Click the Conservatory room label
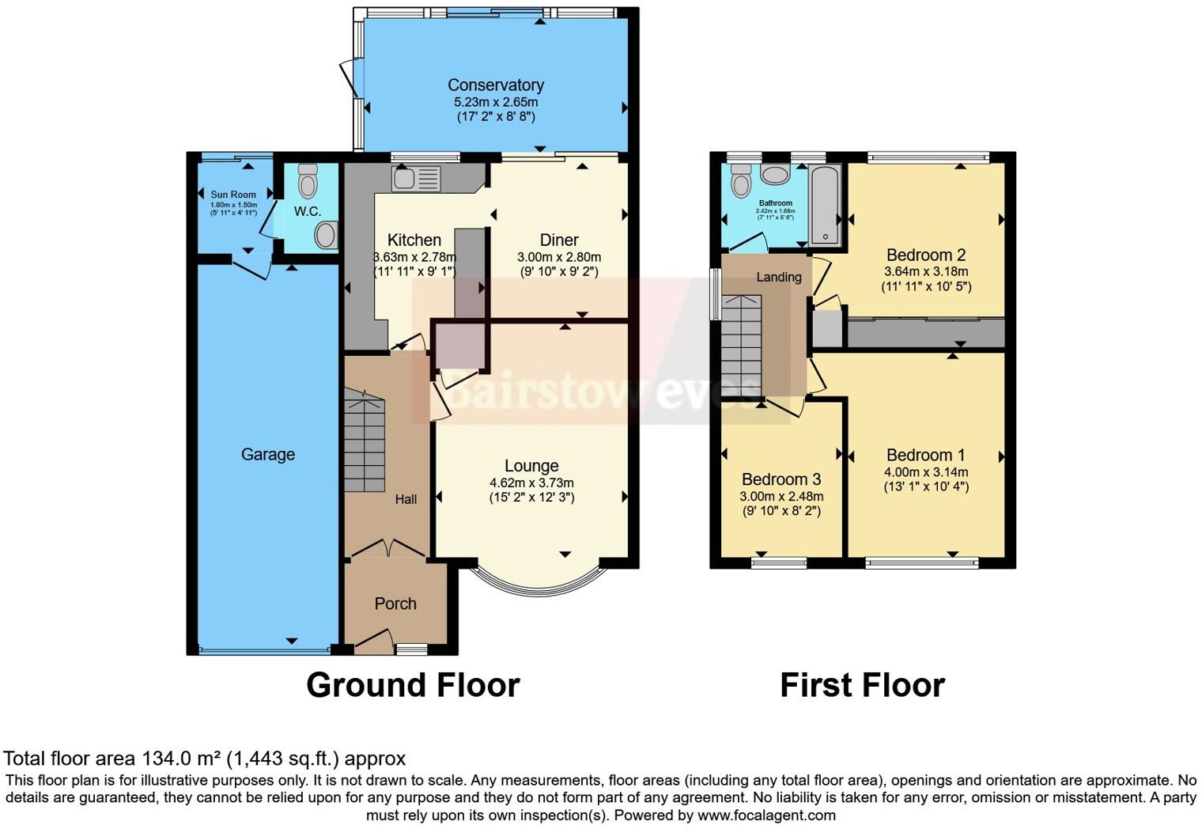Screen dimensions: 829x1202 coord(495,85)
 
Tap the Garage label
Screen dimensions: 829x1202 coord(268,454)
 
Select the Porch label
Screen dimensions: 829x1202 coord(395,604)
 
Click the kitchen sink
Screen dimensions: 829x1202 coord(416,179)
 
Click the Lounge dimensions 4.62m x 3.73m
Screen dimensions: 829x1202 coord(531,483)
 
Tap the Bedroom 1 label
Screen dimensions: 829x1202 coord(925,455)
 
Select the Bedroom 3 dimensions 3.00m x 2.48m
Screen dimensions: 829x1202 coord(781,497)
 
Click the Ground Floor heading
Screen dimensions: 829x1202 coord(413,685)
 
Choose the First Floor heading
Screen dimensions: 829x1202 coord(862,685)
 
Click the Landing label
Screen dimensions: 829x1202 coord(779,277)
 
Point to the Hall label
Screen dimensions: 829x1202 coord(406,499)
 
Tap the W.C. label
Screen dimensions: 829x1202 coord(308,211)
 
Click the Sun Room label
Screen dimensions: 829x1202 coord(233,195)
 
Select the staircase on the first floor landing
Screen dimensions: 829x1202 coord(741,344)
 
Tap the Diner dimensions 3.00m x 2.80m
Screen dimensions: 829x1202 coord(559,257)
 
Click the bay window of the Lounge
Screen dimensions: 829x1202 coord(539,589)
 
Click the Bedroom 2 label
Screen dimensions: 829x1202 coord(925,255)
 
